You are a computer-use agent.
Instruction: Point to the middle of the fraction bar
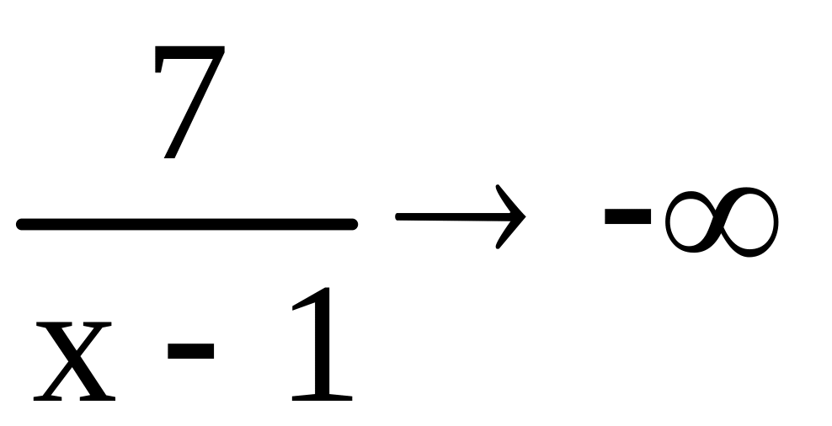point(187,224)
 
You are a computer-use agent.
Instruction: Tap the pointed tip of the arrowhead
point(525,218)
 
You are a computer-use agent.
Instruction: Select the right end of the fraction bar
point(354,224)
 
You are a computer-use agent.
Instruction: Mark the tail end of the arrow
point(399,218)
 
